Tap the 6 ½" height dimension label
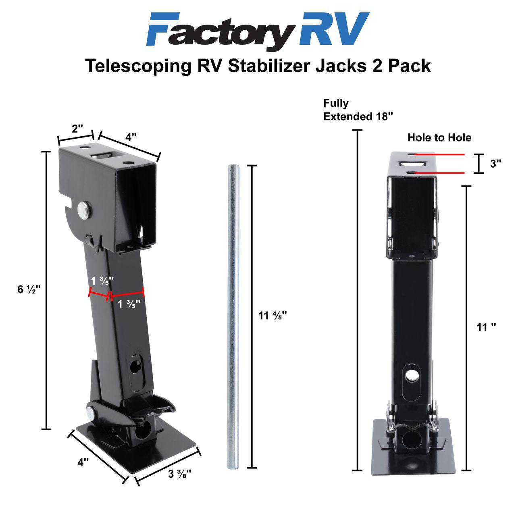click(x=29, y=289)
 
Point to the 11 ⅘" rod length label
click(x=272, y=315)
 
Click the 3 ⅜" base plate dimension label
click(x=179, y=474)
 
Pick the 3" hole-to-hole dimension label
click(x=495, y=164)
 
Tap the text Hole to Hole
click(x=439, y=137)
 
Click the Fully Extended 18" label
click(x=358, y=110)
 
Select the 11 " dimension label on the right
click(x=486, y=327)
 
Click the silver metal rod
click(x=233, y=318)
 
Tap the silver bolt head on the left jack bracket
click(x=84, y=209)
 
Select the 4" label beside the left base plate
click(x=83, y=462)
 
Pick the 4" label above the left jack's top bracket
click(x=130, y=137)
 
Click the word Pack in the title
click(x=409, y=66)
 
